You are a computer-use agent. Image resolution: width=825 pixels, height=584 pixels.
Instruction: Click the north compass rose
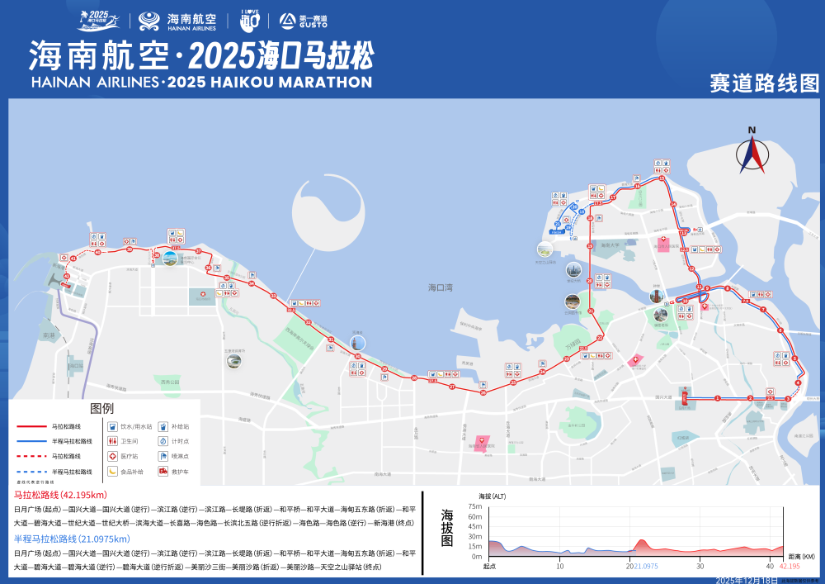(x=752, y=153)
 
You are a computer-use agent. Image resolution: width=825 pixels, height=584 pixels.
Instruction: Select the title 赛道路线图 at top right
(x=764, y=83)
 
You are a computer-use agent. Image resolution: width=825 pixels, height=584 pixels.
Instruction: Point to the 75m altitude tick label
(x=475, y=506)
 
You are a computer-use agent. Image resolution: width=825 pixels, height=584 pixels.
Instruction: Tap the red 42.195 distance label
(x=790, y=566)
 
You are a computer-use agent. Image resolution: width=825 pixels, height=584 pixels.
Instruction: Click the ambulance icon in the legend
(x=163, y=471)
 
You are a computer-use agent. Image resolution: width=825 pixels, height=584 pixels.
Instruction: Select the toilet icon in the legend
(x=113, y=442)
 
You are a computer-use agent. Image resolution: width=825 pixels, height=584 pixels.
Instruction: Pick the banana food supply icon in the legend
(x=113, y=471)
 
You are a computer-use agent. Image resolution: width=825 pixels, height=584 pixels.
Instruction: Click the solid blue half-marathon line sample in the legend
(x=33, y=441)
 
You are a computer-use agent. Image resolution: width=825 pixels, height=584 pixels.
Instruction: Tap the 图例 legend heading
(x=102, y=409)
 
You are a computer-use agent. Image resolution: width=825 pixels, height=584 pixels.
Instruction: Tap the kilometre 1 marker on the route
(x=717, y=399)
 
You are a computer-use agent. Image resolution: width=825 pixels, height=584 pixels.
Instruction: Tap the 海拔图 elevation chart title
(x=447, y=529)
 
